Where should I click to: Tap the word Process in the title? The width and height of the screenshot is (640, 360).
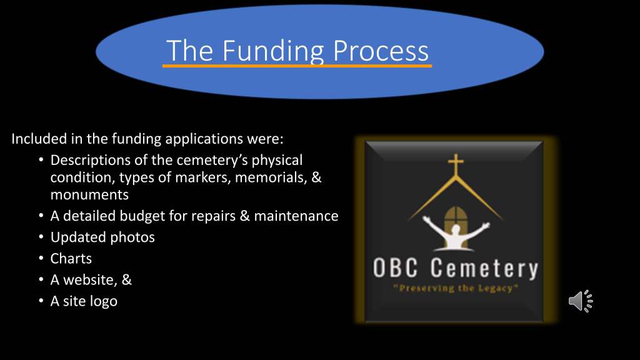pos(381,51)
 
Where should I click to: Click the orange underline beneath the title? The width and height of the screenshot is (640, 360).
pos(297,65)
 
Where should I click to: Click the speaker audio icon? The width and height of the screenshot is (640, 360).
pos(581,301)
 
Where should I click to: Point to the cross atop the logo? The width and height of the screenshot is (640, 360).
pos(456,164)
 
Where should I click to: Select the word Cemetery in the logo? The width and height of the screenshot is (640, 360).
pos(484,269)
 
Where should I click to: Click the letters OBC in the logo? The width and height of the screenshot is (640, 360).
pos(396,267)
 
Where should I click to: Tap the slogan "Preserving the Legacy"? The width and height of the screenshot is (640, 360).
pos(456,288)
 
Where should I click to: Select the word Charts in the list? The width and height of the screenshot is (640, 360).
pos(71,258)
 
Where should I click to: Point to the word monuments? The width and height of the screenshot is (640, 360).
pos(89,195)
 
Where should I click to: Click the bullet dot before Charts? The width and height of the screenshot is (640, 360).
pos(41,258)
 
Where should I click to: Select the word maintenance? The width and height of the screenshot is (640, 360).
pos(296,216)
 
